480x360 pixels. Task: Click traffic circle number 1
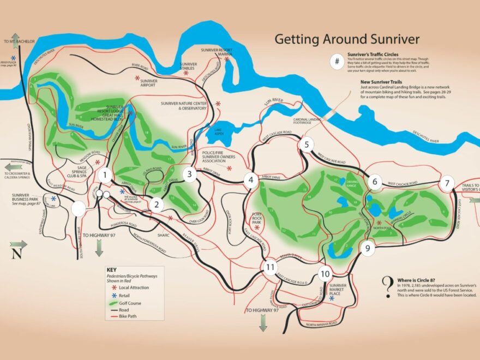pos(105,175)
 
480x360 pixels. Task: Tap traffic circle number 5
pos(307,145)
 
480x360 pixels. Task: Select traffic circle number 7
pos(447,183)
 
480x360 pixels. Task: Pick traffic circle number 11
pos(269,267)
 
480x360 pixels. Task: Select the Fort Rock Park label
pos(256,217)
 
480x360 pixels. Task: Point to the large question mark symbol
pos(387,285)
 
